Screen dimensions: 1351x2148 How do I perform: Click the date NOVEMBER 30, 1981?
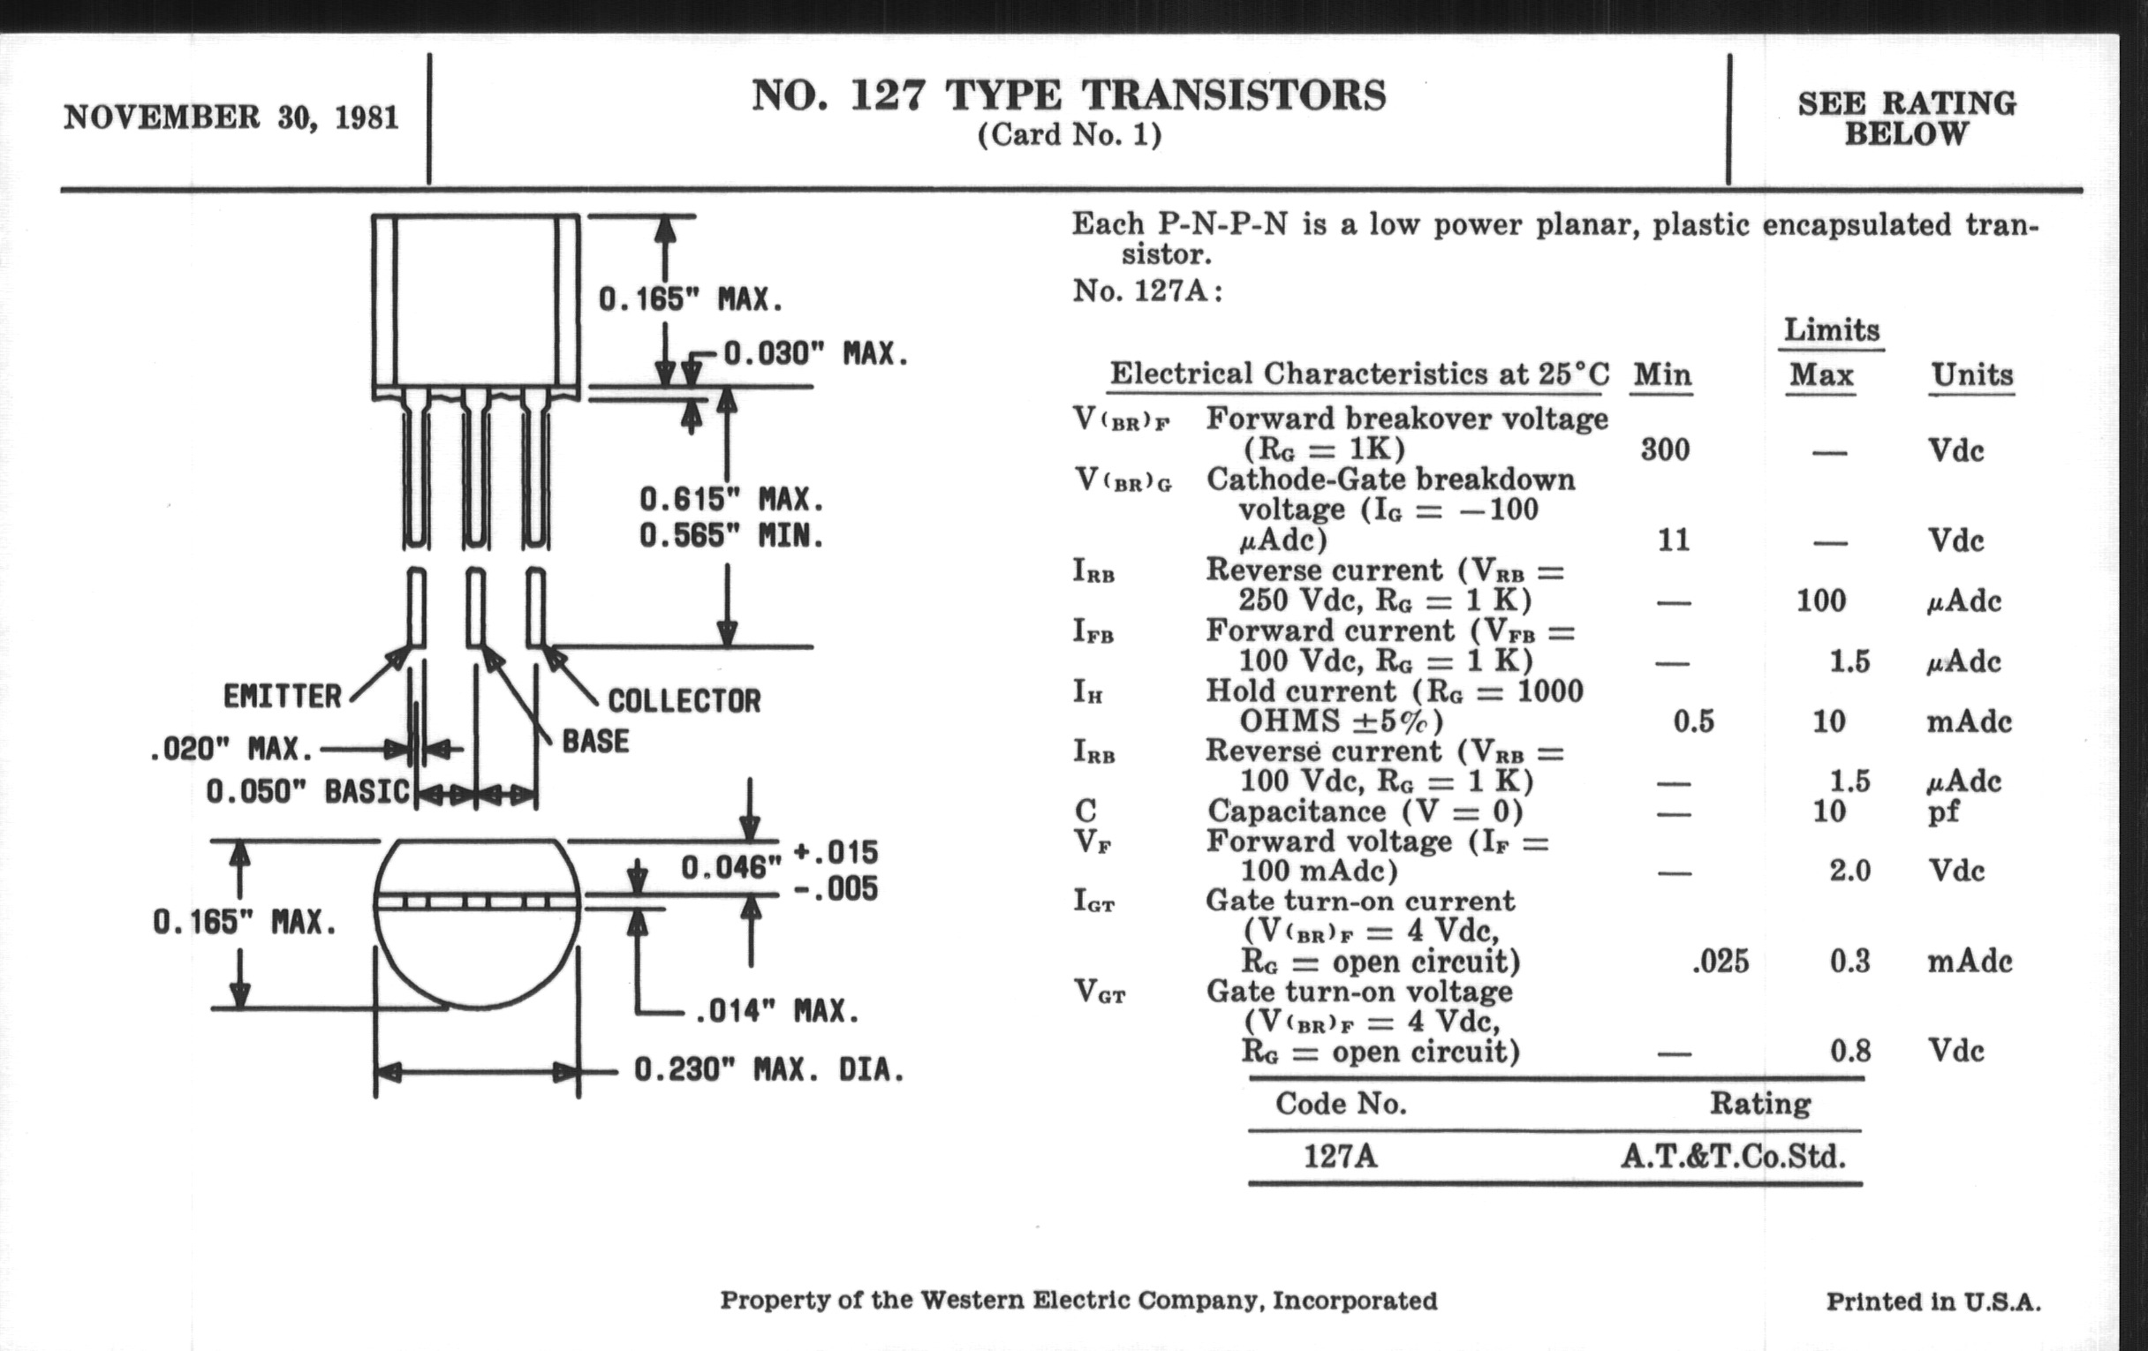(231, 117)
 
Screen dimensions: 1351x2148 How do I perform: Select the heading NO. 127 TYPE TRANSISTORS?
(1069, 95)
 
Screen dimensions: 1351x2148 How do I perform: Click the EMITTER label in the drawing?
(282, 696)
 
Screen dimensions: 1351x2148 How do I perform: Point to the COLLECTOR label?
(684, 701)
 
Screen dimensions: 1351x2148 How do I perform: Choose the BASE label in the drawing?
(595, 741)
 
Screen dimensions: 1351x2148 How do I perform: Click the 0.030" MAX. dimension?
(815, 354)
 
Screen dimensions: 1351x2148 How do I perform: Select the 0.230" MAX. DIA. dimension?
(769, 1069)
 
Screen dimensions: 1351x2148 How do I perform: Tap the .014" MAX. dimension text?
(776, 1011)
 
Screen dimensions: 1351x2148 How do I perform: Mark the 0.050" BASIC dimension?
(306, 791)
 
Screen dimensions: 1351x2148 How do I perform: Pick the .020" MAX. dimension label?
(232, 749)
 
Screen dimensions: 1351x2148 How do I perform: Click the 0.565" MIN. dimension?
(731, 536)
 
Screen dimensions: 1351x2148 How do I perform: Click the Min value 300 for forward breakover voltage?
(1665, 449)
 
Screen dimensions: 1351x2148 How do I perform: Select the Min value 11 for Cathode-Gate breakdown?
(1673, 540)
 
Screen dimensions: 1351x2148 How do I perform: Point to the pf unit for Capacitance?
(1943, 811)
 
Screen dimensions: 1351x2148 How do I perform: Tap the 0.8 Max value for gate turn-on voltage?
(1850, 1052)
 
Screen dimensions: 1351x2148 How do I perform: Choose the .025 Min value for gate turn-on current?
(1720, 962)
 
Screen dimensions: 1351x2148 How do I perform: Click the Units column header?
(1972, 375)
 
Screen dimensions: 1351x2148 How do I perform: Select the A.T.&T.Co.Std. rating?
(1732, 1158)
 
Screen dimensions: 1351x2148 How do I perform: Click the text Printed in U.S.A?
(1933, 1302)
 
